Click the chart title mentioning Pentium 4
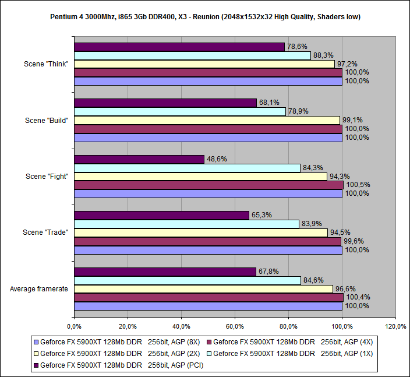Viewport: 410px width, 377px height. [205, 17]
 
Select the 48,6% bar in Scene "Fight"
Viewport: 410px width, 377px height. [139, 159]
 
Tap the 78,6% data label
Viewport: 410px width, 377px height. [296, 47]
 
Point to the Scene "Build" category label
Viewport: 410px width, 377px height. [47, 120]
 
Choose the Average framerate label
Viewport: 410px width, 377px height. [39, 288]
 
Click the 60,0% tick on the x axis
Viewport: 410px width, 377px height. [235, 326]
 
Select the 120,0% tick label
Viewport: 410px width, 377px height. [395, 326]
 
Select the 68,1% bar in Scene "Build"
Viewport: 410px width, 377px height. [165, 103]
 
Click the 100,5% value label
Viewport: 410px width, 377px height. [358, 185]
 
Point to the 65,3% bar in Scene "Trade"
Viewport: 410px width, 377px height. [161, 215]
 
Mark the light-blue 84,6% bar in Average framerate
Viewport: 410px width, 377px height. [188, 280]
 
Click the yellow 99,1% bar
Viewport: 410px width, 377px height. [207, 120]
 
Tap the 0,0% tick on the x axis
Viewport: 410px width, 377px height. [73, 326]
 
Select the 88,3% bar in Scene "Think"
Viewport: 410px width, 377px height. [192, 55]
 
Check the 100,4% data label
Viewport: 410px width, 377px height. [358, 297]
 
